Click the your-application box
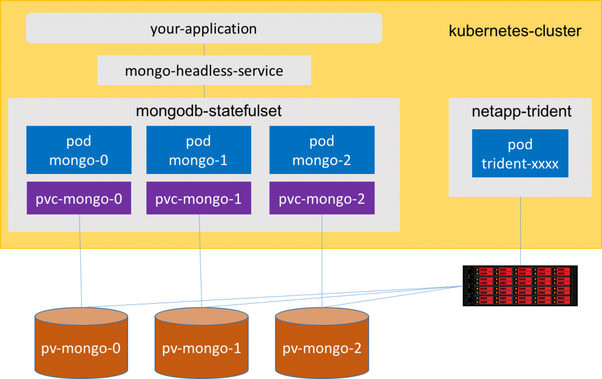coord(204,28)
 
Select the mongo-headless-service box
coord(204,70)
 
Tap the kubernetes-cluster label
coord(515,31)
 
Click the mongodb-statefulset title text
coord(209,111)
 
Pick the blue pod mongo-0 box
coord(79,150)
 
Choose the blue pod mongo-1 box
coord(199,150)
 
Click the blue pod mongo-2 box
coord(322,150)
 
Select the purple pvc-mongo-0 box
coord(79,198)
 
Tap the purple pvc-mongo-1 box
coord(199,198)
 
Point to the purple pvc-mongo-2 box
coord(322,198)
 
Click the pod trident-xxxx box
coord(520,153)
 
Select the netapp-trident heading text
coord(521,111)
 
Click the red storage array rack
coord(520,286)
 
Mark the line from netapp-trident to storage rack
coord(521,232)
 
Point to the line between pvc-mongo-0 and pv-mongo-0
coord(81,261)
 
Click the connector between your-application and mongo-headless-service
coord(204,49)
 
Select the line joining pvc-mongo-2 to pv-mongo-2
coord(322,261)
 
